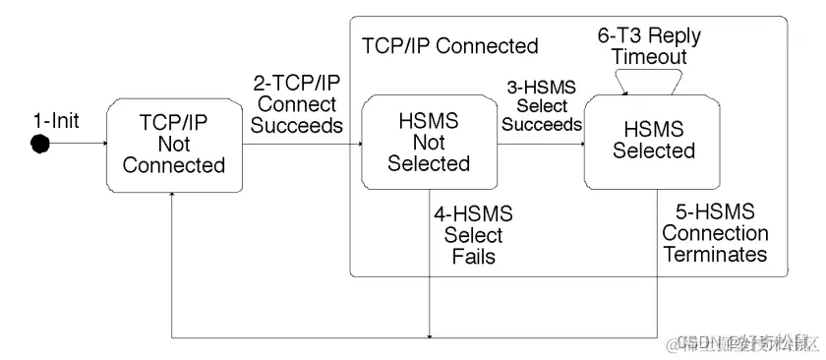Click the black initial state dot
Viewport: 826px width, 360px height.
[40, 146]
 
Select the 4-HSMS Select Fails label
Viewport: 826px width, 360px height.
[473, 236]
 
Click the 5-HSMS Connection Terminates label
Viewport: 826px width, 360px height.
[715, 233]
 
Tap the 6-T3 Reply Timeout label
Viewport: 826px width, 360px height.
[649, 46]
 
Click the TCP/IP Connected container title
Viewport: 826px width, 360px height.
[450, 46]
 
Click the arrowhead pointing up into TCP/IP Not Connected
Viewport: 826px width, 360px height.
[172, 197]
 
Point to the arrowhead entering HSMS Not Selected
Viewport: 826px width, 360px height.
[356, 146]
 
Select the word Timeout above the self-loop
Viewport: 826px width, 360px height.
[649, 57]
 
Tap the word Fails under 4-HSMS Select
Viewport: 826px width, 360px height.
[473, 257]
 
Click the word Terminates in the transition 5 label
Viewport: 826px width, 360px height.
[715, 255]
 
